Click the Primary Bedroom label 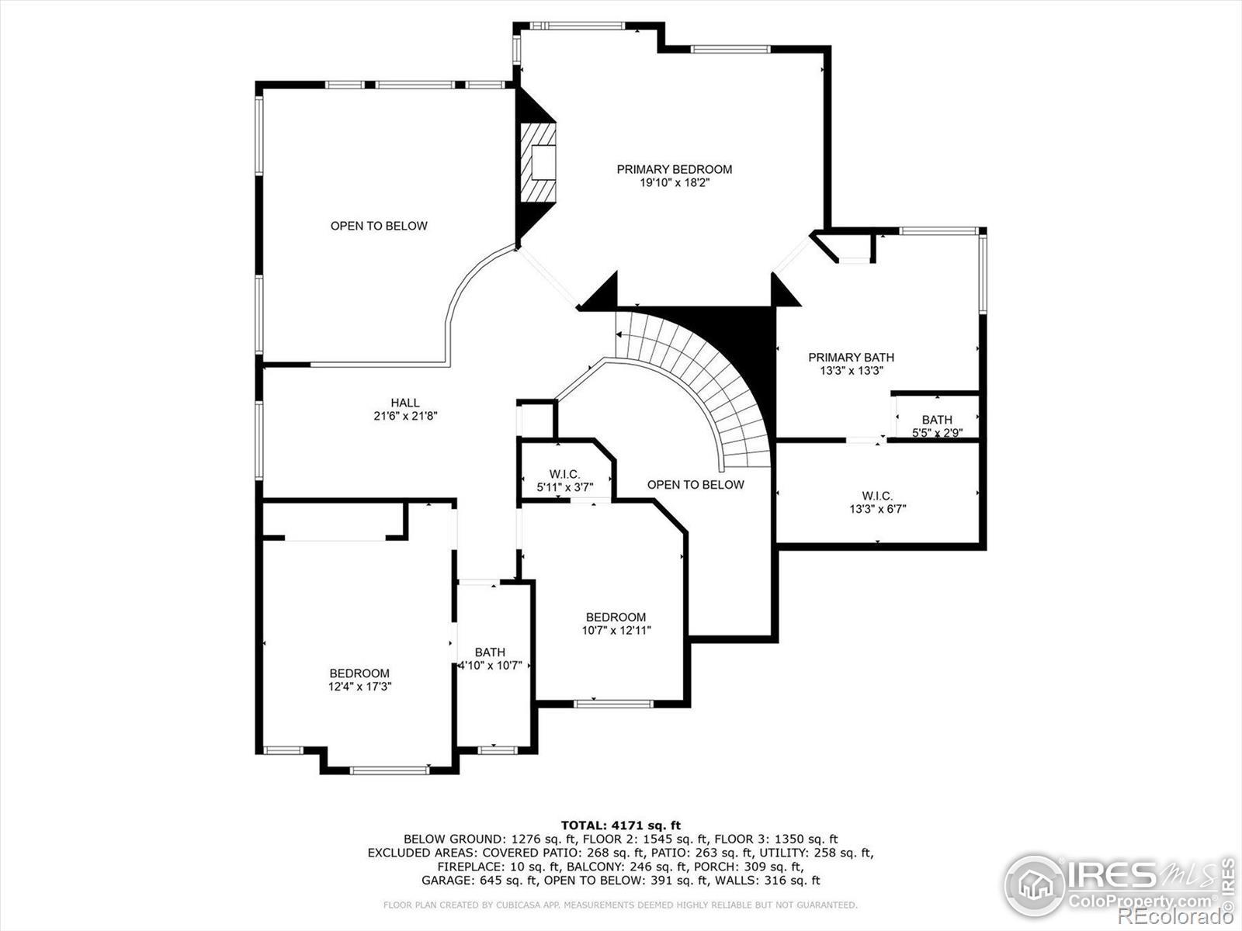[x=674, y=169]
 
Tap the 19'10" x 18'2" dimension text [x=674, y=183]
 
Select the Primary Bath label [x=851, y=357]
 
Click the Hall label [x=405, y=403]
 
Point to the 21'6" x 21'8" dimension [x=405, y=416]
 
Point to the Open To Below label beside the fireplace [x=379, y=226]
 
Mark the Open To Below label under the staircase [x=696, y=485]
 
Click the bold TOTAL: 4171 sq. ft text [x=621, y=825]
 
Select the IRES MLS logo [x=1118, y=885]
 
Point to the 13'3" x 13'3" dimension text [x=851, y=371]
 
